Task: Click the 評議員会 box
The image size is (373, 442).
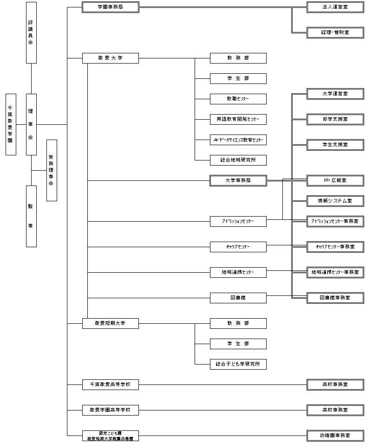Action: pyautogui.click(x=31, y=32)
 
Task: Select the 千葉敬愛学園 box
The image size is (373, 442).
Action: pyautogui.click(x=11, y=124)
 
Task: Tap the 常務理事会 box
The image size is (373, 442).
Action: pyautogui.click(x=52, y=170)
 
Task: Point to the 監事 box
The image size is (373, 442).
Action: pyautogui.click(x=31, y=216)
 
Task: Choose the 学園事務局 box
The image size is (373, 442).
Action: pyautogui.click(x=110, y=7)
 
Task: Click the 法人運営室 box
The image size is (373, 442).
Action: pyautogui.click(x=335, y=7)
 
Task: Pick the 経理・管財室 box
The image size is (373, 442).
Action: pyautogui.click(x=335, y=32)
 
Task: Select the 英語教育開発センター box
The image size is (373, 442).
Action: pyautogui.click(x=238, y=119)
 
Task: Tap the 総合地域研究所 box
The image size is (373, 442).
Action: pyautogui.click(x=238, y=160)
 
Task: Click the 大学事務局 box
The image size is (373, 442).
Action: pyautogui.click(x=238, y=180)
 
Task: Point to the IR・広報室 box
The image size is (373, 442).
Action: pyautogui.click(x=335, y=180)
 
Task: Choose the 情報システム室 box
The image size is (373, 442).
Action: pyautogui.click(x=335, y=201)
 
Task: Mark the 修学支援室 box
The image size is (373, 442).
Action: pyautogui.click(x=335, y=119)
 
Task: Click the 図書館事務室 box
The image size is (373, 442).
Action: pyautogui.click(x=335, y=298)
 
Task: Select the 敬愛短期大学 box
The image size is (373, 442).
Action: pyautogui.click(x=110, y=323)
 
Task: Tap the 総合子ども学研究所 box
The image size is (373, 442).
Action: pyautogui.click(x=238, y=364)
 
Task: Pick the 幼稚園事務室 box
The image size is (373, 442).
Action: pyautogui.click(x=335, y=436)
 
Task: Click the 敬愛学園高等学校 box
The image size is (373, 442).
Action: pyautogui.click(x=110, y=410)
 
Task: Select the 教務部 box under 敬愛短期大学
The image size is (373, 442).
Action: pyautogui.click(x=238, y=323)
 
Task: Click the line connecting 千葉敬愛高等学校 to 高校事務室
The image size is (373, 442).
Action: pyautogui.click(x=223, y=384)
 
